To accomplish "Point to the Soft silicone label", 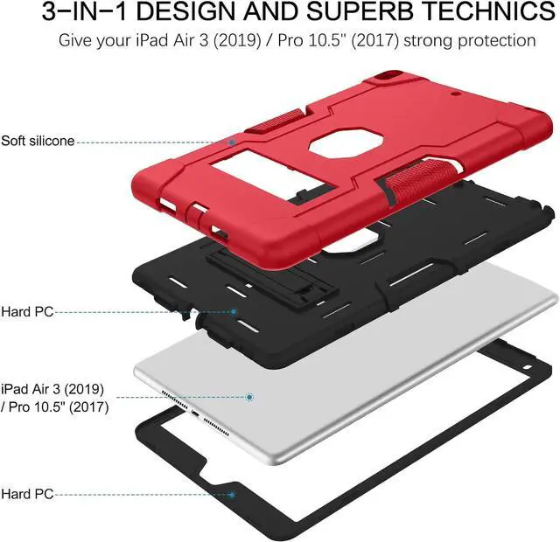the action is point(38,140).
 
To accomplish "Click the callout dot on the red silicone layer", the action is point(233,140).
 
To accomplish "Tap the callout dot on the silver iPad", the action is point(250,396).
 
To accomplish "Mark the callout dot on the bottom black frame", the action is point(233,494).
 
